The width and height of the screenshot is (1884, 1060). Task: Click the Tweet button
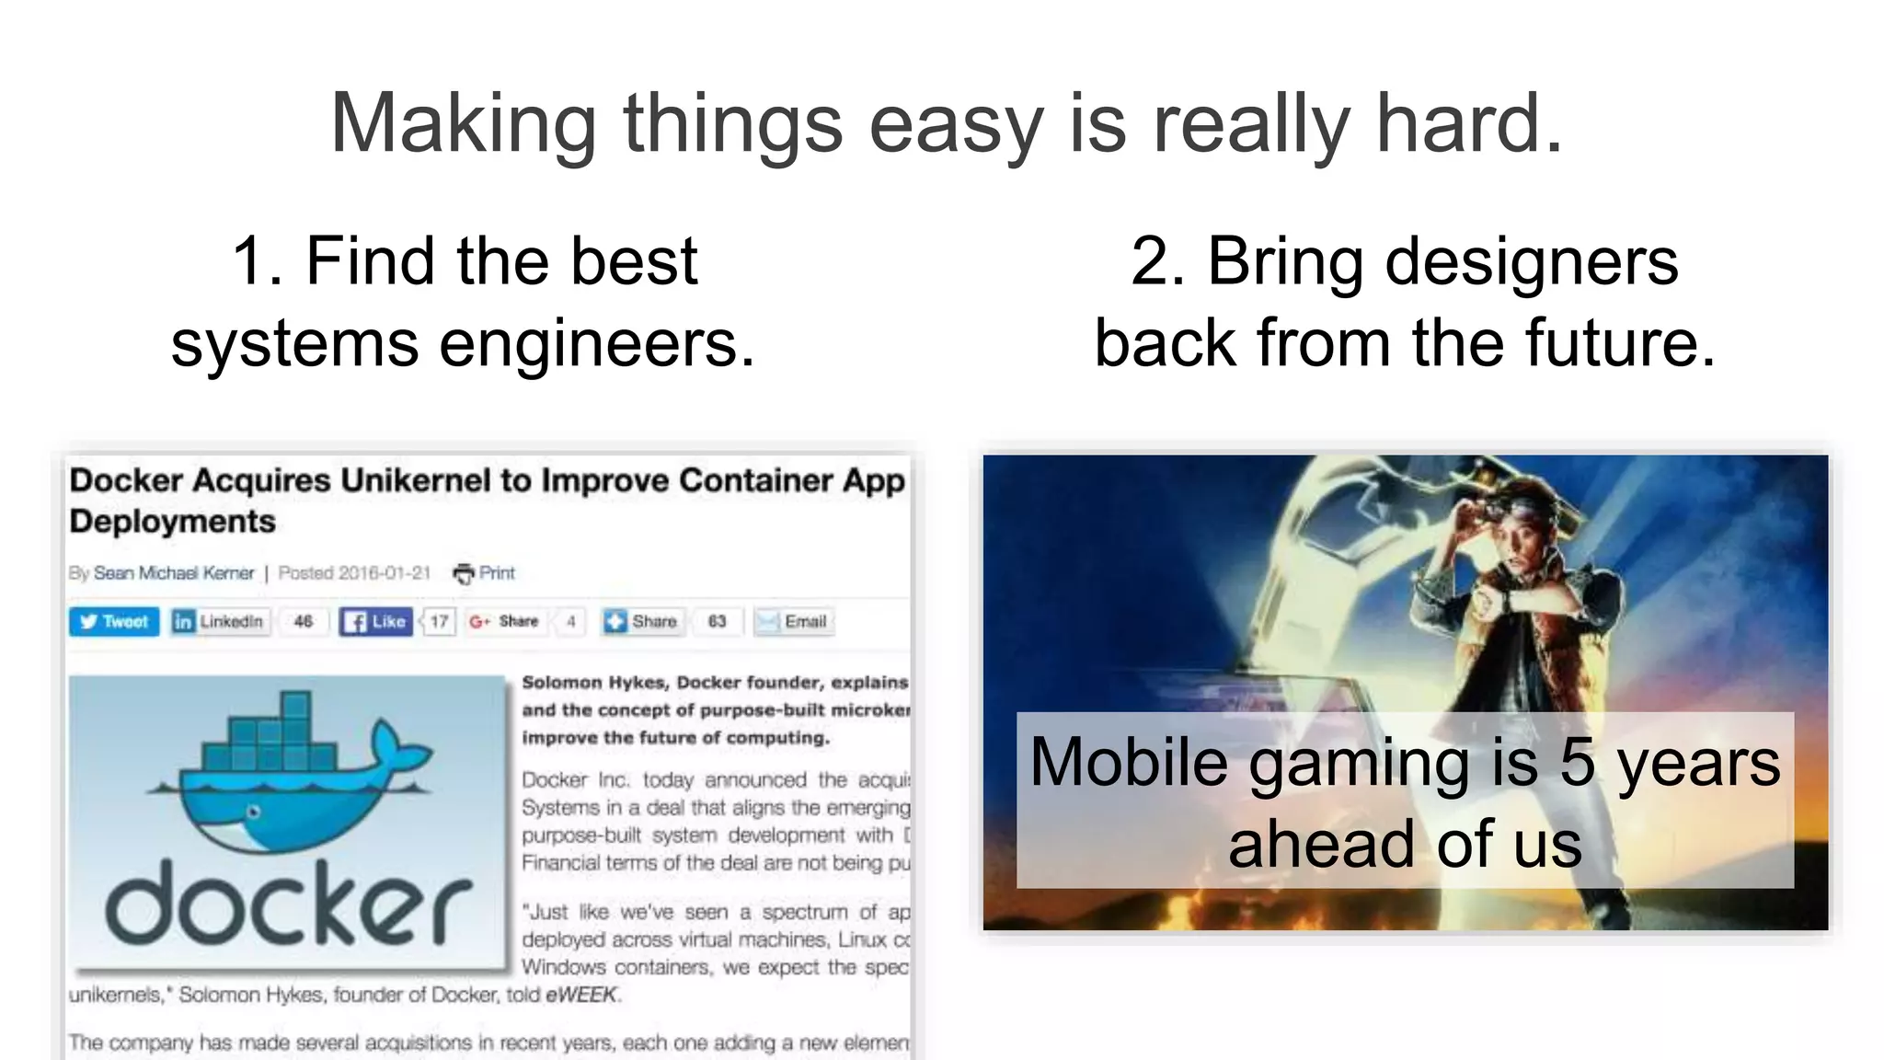[114, 622]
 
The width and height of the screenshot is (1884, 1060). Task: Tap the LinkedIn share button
[220, 622]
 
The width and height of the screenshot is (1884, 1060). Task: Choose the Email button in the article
[794, 622]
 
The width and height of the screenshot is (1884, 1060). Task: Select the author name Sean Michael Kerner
[174, 573]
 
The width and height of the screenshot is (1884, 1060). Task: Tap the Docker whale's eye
[254, 812]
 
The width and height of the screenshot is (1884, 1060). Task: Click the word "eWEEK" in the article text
[581, 995]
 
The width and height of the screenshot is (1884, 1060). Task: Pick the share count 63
[717, 622]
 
